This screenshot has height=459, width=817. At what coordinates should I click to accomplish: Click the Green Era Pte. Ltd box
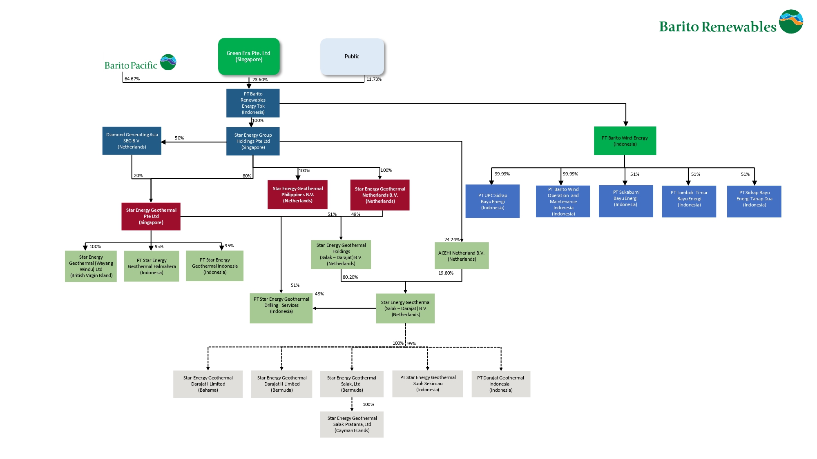click(x=249, y=56)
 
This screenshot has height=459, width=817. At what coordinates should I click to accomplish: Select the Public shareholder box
click(x=352, y=57)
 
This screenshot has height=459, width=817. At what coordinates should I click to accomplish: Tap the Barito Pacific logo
click(x=140, y=63)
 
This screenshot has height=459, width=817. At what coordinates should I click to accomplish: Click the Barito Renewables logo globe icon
click(x=791, y=22)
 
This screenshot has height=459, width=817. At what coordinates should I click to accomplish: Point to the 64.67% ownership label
click(x=132, y=79)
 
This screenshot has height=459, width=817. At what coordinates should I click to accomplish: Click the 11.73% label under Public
click(x=373, y=79)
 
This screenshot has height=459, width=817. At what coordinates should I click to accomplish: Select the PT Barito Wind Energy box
click(x=625, y=141)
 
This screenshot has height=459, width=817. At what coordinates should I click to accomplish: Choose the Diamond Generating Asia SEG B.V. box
click(x=132, y=141)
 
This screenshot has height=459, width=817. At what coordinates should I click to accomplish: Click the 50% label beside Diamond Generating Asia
click(x=179, y=138)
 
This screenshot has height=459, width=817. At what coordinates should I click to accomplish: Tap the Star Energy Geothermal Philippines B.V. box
click(x=297, y=195)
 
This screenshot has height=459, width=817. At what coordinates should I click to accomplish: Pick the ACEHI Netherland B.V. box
click(x=461, y=256)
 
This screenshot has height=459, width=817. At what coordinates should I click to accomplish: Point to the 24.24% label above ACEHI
click(x=451, y=239)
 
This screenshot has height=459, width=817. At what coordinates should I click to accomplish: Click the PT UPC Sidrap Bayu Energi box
click(x=492, y=201)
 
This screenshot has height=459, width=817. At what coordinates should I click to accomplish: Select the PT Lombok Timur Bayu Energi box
click(x=689, y=201)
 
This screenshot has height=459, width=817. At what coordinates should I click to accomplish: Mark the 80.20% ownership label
click(x=350, y=277)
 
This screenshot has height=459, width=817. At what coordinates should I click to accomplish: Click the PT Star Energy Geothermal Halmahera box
click(x=152, y=266)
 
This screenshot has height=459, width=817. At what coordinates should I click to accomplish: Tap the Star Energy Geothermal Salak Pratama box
click(x=352, y=424)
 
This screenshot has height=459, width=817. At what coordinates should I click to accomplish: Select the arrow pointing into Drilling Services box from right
click(x=315, y=308)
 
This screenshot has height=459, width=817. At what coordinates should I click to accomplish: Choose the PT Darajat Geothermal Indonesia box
click(x=500, y=384)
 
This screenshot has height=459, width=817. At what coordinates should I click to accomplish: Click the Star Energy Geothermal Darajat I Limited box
click(x=208, y=384)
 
